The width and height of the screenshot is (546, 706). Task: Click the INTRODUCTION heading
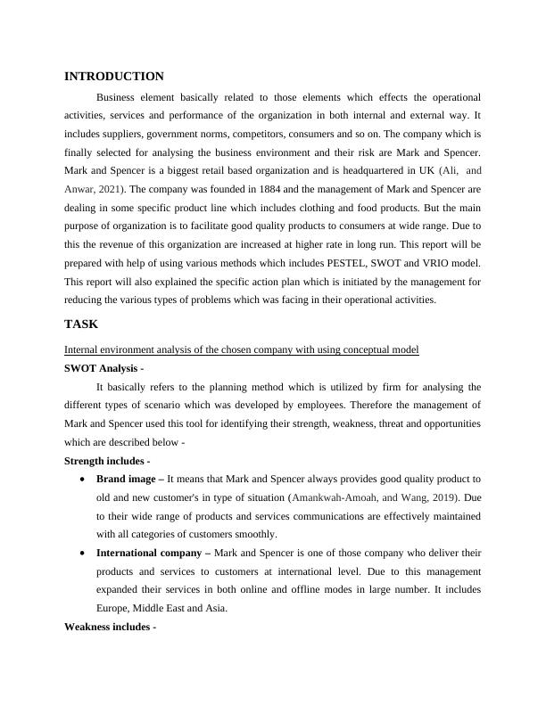tap(114, 77)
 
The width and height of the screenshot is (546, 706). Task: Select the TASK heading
tap(81, 325)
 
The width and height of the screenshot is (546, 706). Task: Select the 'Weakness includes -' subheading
tap(111, 627)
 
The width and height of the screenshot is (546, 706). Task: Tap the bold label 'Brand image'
tap(128, 479)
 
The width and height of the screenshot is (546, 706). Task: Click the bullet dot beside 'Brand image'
tap(83, 479)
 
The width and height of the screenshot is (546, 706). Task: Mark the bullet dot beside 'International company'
tap(83, 553)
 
